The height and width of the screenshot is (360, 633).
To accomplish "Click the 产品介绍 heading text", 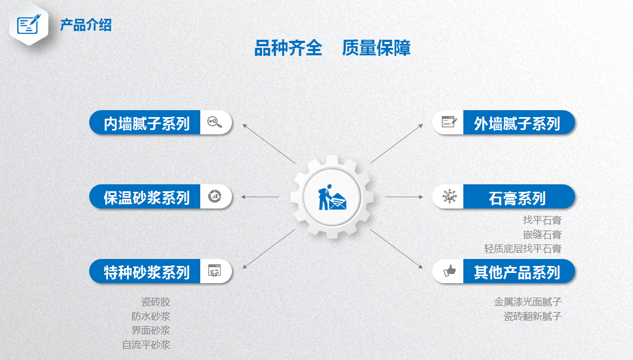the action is (85, 25).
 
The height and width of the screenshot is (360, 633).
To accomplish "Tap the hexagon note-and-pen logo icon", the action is (29, 24).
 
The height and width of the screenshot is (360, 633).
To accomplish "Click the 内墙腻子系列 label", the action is (147, 124).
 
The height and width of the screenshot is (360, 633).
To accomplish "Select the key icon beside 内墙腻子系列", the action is (214, 122).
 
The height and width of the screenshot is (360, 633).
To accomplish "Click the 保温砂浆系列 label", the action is (147, 198).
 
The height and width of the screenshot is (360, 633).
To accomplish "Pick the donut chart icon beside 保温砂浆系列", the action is (214, 196).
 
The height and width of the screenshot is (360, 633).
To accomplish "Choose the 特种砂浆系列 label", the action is (147, 272).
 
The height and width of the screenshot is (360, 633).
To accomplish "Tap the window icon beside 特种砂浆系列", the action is (214, 271).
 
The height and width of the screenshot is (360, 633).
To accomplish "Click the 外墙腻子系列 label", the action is (516, 124).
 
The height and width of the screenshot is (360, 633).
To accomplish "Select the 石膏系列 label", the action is (516, 198).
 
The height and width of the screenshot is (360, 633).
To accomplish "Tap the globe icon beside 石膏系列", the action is (449, 196).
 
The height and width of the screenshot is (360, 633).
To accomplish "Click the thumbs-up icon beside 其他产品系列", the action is (449, 271).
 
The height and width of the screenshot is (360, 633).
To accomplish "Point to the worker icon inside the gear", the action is (332, 197).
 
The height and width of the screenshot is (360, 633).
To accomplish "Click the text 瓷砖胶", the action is (155, 302).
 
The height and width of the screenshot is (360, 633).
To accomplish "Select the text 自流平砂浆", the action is (146, 344).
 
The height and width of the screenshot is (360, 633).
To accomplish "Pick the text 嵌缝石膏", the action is (542, 235).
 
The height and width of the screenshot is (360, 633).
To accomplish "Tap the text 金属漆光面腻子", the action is (528, 302).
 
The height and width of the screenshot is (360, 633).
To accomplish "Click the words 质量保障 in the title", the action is (376, 48).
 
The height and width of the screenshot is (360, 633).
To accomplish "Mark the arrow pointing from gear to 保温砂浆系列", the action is (259, 197).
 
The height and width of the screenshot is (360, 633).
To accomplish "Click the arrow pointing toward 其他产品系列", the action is (397, 249).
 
